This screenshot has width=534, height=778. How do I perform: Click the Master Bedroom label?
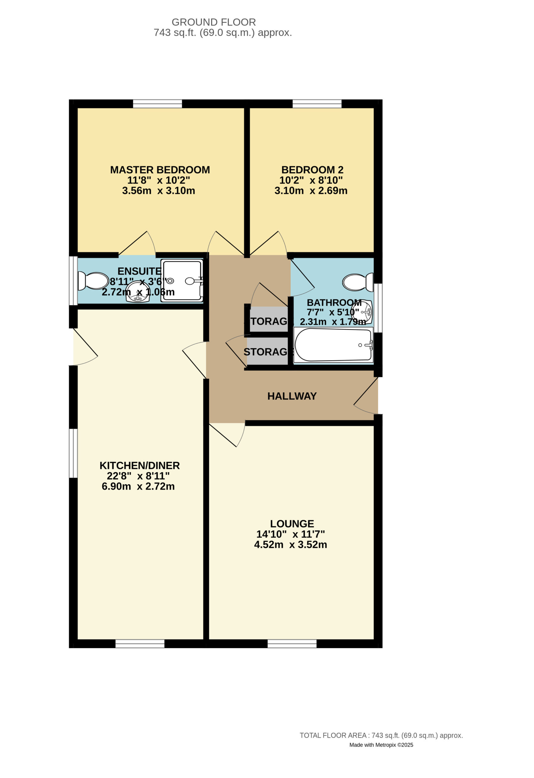tap(160, 170)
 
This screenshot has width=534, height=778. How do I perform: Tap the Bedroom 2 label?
tap(312, 170)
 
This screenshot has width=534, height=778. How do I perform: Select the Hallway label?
tap(292, 396)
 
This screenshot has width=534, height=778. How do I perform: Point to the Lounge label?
tap(292, 524)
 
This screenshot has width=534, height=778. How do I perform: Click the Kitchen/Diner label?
tap(140, 466)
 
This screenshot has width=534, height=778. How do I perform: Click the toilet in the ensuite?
tap(93, 281)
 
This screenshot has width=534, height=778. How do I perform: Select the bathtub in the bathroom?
tap(333, 345)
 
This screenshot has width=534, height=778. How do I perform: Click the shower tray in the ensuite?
tap(182, 281)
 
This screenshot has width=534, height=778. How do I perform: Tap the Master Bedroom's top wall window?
tap(157, 104)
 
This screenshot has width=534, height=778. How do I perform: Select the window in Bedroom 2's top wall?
tap(317, 104)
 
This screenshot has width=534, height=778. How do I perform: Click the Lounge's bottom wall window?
tap(292, 644)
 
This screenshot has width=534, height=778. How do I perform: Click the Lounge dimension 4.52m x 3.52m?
tap(291, 545)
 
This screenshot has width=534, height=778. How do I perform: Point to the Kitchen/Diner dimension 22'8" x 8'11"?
tap(138, 476)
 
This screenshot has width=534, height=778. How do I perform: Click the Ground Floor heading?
tap(214, 22)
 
